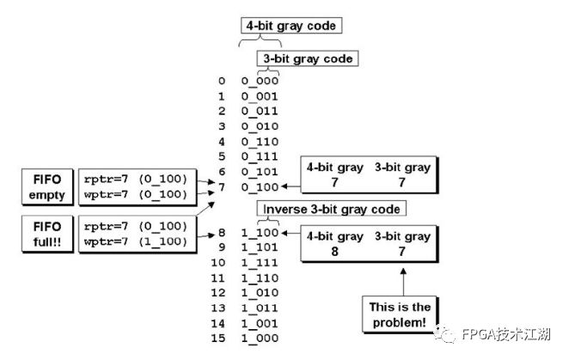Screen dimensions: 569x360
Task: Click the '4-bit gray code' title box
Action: (291, 26)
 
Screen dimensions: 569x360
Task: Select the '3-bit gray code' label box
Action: (308, 58)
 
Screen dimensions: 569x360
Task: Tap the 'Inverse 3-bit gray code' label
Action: (331, 209)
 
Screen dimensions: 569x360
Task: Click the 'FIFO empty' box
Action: (47, 187)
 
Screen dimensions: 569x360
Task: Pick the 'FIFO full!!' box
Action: (47, 234)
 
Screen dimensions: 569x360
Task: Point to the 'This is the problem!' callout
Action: (400, 314)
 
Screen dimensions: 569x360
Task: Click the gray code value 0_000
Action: (260, 81)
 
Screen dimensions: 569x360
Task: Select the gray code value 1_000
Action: (260, 339)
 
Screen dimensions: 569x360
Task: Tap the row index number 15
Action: (218, 339)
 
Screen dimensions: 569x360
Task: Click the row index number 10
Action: (218, 262)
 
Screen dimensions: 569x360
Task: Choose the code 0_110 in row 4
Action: (260, 142)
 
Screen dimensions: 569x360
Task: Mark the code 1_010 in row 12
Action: (260, 292)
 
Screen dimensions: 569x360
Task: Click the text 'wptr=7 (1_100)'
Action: (136, 241)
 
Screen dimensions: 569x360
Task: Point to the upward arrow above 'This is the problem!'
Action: (403, 282)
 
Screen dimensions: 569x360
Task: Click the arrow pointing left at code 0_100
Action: (291, 186)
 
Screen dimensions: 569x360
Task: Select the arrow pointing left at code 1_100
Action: (291, 233)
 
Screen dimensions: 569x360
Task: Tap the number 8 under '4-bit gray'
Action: (334, 251)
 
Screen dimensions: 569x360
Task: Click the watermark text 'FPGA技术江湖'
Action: (506, 334)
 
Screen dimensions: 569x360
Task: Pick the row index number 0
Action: (222, 81)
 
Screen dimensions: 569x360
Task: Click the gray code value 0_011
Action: (260, 111)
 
